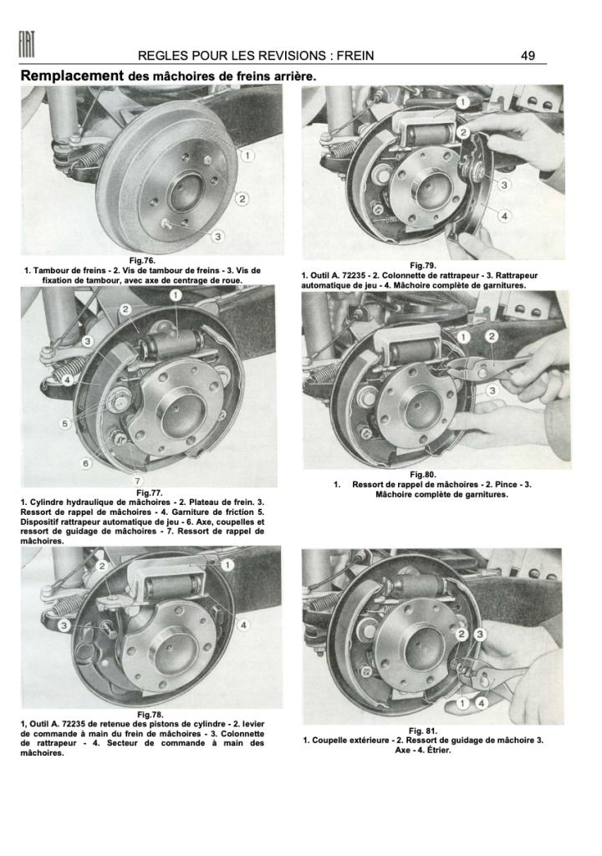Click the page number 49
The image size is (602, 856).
528,56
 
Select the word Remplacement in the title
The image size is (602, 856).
72,76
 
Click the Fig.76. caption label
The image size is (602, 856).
142,261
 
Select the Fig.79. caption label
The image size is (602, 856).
423,266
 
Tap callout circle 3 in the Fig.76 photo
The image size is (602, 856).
217,237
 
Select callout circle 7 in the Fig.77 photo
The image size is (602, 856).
137,481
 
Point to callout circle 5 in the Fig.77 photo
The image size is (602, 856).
64,424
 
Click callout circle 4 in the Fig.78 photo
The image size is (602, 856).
242,624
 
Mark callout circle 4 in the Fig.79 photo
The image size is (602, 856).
504,216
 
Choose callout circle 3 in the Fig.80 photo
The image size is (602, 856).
492,390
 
